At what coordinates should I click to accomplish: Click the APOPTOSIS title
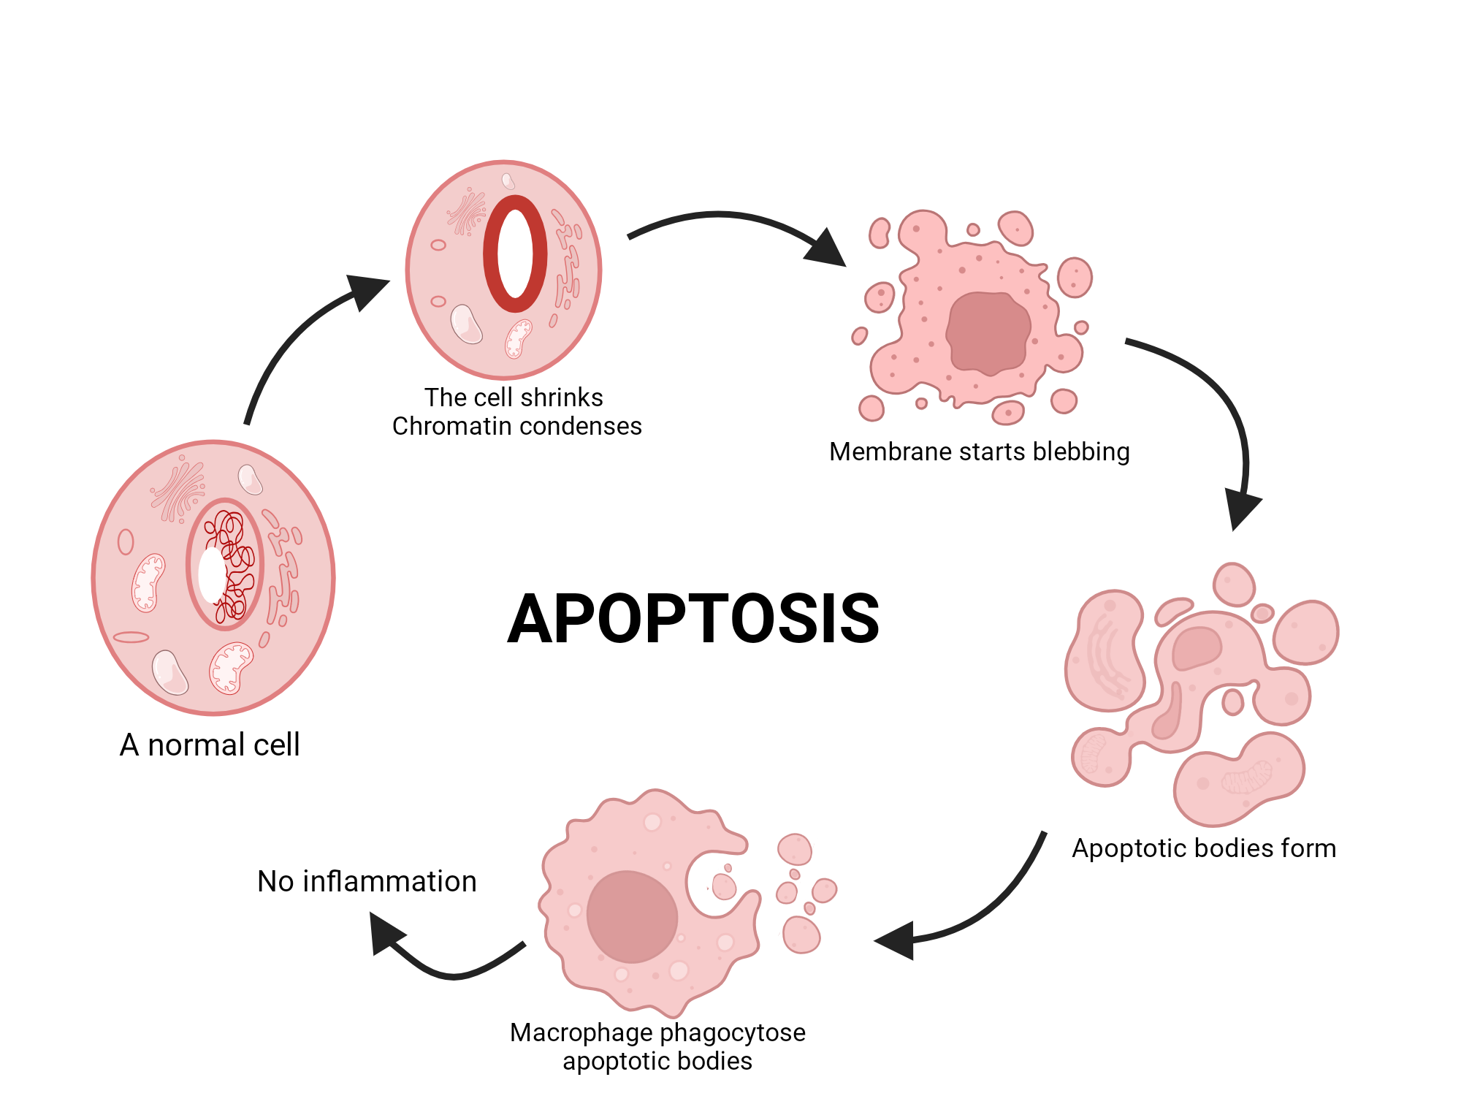693,619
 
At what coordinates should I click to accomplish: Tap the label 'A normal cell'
210,745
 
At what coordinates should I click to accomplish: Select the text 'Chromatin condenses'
516,426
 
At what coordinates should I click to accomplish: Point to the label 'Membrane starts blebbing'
979,452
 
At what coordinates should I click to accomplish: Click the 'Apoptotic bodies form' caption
1204,848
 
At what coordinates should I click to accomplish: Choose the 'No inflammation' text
367,881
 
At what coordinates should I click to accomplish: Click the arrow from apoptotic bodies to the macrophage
979,913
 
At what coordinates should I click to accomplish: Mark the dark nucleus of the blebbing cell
988,333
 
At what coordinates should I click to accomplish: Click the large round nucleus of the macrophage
632,916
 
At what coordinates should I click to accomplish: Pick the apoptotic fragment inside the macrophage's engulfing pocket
724,886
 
